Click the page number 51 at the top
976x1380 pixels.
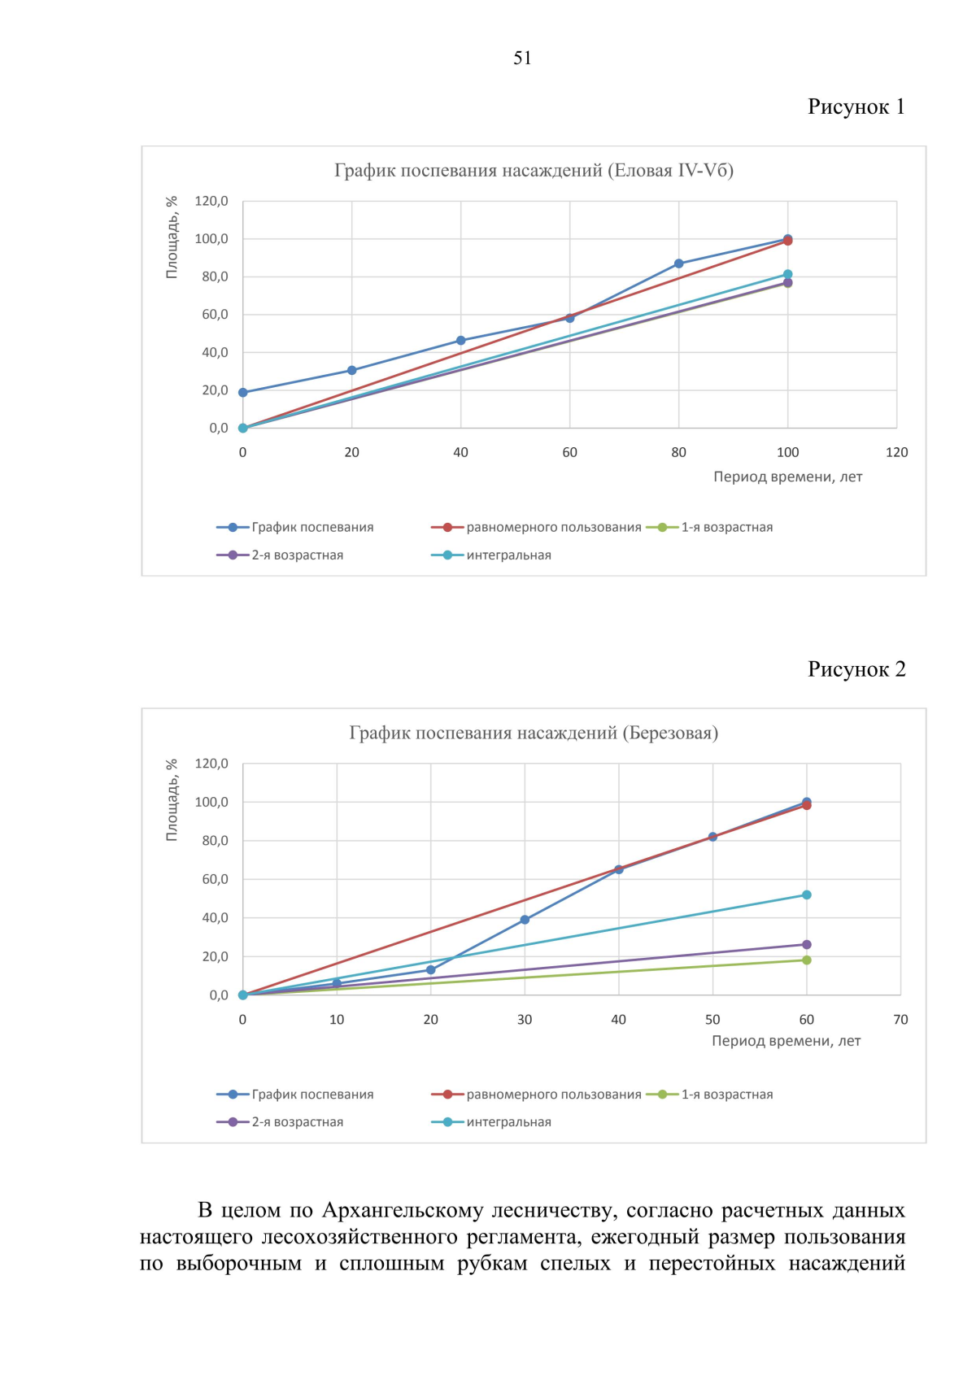[x=522, y=58]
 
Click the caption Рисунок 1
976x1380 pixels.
[x=856, y=107]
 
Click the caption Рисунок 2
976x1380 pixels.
[x=856, y=669]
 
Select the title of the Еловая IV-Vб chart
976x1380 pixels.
[x=534, y=170]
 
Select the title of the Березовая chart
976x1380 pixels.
[x=534, y=733]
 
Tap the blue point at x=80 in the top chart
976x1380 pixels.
[x=678, y=263]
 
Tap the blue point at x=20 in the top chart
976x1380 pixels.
[x=351, y=370]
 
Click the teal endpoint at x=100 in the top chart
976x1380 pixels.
[x=787, y=274]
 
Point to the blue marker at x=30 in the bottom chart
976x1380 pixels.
[x=525, y=920]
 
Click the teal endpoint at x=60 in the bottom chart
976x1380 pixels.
[x=806, y=895]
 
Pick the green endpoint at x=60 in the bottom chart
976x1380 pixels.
[x=806, y=960]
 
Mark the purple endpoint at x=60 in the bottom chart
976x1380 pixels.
[x=806, y=945]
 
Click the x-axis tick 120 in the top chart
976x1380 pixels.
[x=896, y=453]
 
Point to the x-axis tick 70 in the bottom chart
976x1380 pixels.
[x=900, y=1020]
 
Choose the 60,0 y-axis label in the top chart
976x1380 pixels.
[x=215, y=315]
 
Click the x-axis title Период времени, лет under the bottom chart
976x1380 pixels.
[x=786, y=1041]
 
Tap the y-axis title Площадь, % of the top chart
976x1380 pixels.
[x=172, y=237]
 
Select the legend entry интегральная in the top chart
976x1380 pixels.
[x=508, y=555]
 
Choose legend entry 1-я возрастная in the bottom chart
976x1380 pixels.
[x=726, y=1095]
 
